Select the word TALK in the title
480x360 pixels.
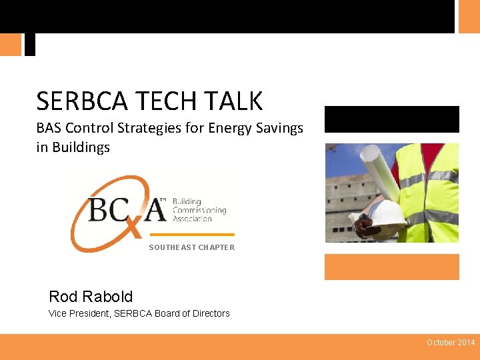point(237,101)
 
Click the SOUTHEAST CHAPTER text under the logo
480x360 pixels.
point(191,247)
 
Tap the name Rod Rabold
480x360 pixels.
point(91,297)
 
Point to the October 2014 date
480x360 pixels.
point(451,343)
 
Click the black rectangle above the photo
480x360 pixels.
point(392,119)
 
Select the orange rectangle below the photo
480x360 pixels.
point(392,267)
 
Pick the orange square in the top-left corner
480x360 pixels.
point(11,45)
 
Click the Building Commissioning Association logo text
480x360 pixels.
point(199,210)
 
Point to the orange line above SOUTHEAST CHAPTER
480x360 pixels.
point(192,235)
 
